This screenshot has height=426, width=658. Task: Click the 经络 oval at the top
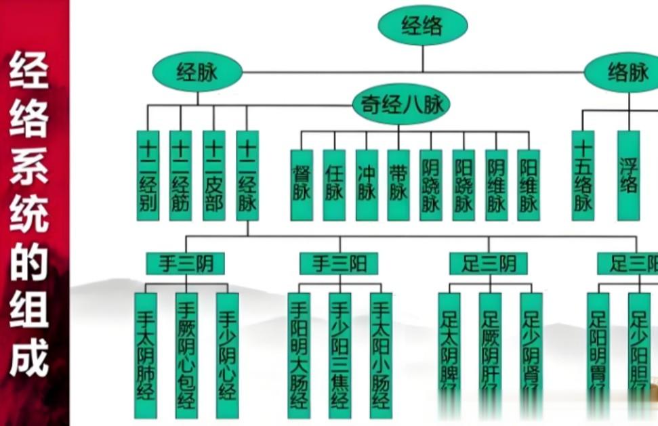point(422,26)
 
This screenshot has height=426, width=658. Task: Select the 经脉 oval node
point(197,72)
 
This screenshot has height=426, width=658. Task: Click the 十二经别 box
point(148,175)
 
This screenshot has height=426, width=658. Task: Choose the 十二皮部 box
point(214,175)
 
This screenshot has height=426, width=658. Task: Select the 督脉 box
point(302,184)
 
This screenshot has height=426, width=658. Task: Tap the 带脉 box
point(398,184)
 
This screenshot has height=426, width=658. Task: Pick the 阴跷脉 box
point(431,184)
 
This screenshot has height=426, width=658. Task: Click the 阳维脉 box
point(529,184)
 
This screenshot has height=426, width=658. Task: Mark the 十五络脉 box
point(583,175)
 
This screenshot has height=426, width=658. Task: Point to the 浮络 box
point(628,175)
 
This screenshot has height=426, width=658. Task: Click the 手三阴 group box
point(185,263)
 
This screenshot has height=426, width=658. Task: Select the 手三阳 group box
point(338,263)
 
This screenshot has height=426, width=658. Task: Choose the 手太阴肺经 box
point(146,354)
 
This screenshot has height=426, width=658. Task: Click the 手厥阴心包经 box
point(186,354)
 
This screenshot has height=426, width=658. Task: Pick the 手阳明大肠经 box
point(299,354)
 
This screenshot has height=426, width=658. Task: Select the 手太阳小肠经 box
point(381,354)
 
